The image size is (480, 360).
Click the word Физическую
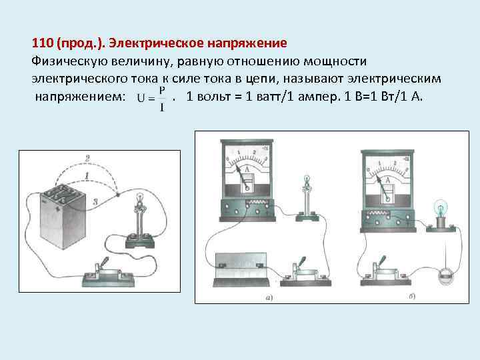tap(65, 61)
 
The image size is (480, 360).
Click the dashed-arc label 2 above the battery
tap(87, 158)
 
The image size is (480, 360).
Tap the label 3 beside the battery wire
tap(97, 199)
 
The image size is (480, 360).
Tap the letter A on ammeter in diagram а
tap(247, 171)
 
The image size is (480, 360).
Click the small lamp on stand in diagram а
tap(307, 193)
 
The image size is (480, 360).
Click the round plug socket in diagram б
tap(444, 273)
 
